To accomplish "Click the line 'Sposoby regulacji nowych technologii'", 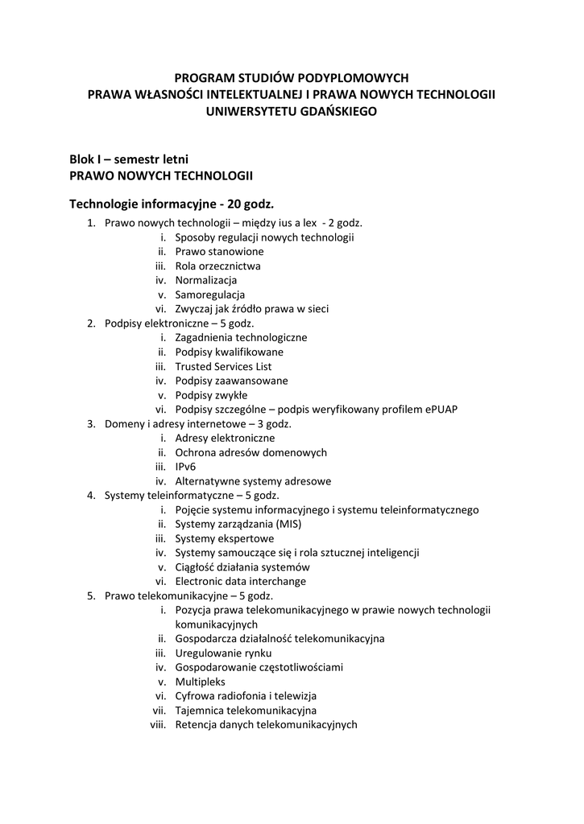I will coord(264,237).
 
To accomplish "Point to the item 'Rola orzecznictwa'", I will coord(217,266).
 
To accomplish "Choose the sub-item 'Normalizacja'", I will coord(205,280).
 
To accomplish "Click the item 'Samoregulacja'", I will coord(209,295).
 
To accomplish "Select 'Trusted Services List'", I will coord(223,366).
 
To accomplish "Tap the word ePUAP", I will coord(437,410).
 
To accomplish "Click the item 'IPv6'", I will coord(185,467).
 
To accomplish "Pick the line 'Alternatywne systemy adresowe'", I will coord(253,481).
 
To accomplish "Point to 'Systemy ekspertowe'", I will coord(224,538).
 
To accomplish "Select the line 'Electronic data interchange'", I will coord(240,581).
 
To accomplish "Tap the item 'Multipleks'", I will coord(200,682).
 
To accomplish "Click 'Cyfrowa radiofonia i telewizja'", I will coord(246,696).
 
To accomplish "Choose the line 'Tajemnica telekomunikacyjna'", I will coord(246,711).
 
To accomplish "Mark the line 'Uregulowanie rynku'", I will coord(223,653).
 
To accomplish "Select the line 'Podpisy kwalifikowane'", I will coord(229,352).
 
